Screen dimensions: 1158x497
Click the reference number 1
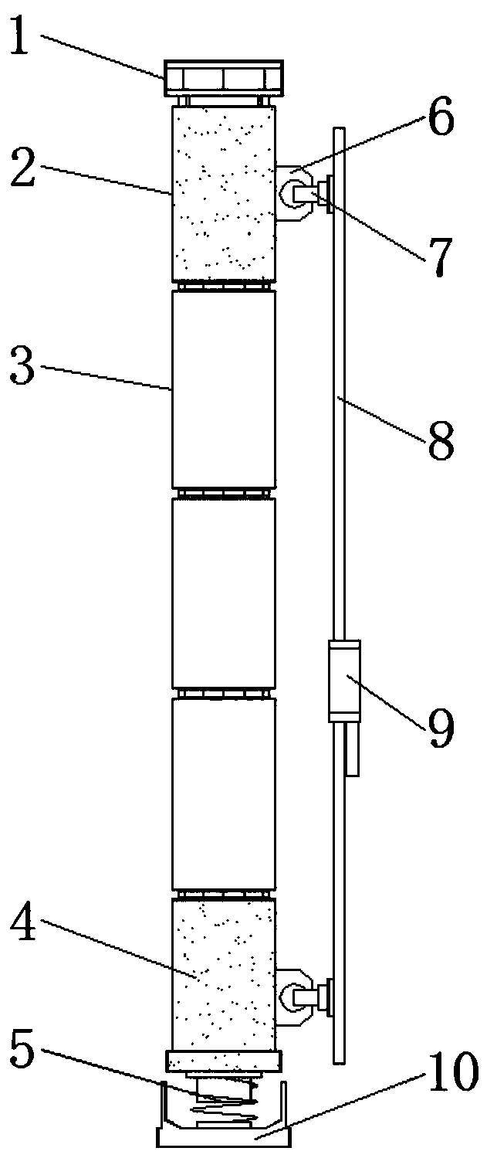click(x=29, y=39)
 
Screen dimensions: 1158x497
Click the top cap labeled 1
click(x=223, y=78)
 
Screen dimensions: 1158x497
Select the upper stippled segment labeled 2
click(x=223, y=193)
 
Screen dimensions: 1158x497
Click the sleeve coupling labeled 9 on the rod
click(x=344, y=681)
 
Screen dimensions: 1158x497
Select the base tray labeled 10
click(x=223, y=1136)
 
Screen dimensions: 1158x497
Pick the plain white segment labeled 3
click(x=223, y=389)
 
